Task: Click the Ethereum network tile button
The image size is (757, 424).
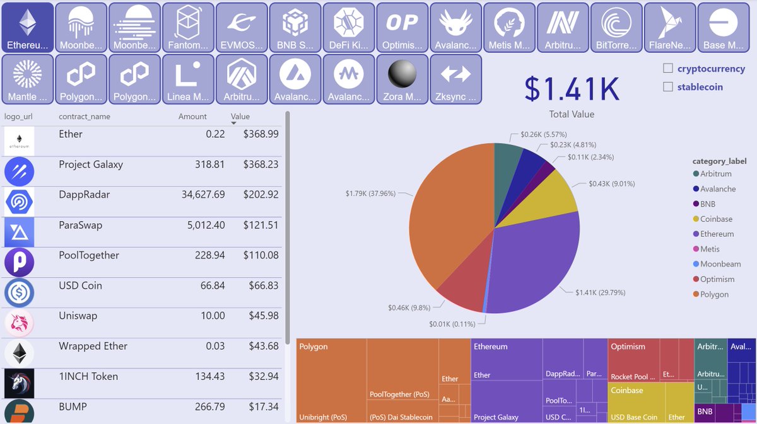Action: point(26,27)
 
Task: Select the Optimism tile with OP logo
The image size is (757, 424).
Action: point(402,27)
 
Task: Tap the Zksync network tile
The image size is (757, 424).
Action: point(455,79)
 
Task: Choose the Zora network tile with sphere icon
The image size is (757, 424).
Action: point(402,79)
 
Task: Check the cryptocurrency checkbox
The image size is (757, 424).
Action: point(668,69)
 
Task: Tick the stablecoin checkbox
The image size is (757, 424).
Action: point(668,87)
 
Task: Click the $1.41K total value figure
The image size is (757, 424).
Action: point(572,89)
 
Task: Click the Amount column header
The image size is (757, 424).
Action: point(192,117)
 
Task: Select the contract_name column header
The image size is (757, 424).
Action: point(84,117)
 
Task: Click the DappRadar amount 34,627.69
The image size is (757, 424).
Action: point(194,195)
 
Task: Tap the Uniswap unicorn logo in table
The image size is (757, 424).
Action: point(19,323)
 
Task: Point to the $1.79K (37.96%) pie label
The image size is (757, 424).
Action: point(370,193)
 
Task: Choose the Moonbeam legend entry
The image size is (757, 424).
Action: point(720,264)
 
